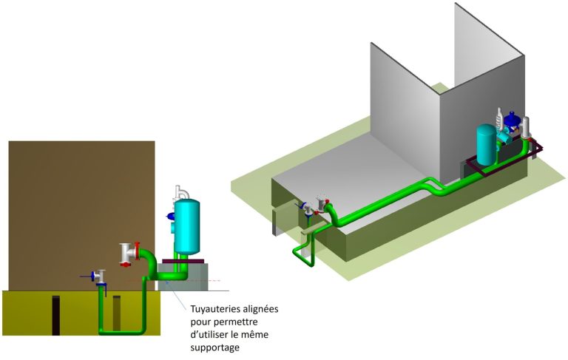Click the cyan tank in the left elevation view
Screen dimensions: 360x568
tap(185, 225)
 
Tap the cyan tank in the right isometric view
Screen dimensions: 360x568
tap(487, 145)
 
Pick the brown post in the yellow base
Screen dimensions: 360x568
tap(117, 314)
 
